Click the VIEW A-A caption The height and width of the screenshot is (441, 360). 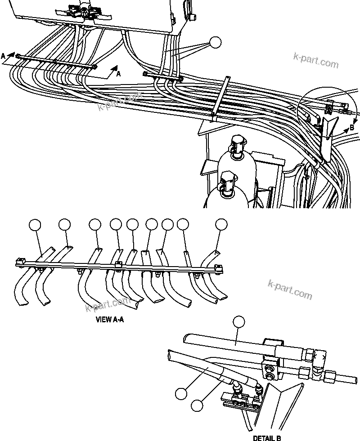(110, 321)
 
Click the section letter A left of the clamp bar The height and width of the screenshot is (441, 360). (4, 56)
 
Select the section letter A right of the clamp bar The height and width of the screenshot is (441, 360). (118, 75)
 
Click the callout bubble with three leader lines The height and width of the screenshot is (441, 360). (216, 43)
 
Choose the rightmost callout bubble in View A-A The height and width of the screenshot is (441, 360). (221, 225)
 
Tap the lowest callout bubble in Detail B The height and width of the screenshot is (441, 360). (197, 405)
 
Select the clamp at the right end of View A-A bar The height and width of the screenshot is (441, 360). (218, 269)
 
